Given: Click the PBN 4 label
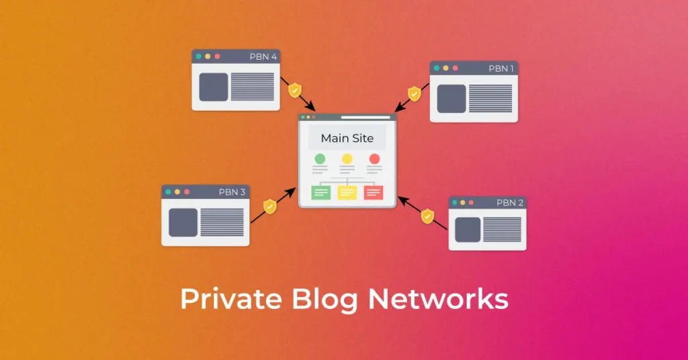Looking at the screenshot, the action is [x=263, y=56].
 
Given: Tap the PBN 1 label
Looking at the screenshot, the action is [x=501, y=69].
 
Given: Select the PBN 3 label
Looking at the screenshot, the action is [x=232, y=192].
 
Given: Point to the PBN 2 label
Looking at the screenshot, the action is [x=510, y=203].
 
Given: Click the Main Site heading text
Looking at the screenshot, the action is [x=347, y=138].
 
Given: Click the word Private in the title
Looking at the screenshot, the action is [x=231, y=300].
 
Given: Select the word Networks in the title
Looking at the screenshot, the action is [x=438, y=300].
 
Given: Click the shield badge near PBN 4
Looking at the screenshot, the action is [x=295, y=90].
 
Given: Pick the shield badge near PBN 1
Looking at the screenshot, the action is [x=414, y=93].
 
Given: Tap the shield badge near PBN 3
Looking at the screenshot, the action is [x=270, y=206].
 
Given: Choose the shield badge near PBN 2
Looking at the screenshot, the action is [x=427, y=216].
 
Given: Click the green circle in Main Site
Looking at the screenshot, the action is [x=320, y=159].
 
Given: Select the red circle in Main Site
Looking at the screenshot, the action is [x=374, y=159].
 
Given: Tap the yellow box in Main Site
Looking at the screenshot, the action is [x=347, y=193].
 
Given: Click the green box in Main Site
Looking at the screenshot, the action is [x=320, y=193].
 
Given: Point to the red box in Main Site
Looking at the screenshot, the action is [x=374, y=193].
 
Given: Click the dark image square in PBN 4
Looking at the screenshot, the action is [x=214, y=87].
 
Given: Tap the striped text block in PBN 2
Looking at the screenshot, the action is [x=502, y=229].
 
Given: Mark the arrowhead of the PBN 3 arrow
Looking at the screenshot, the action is [x=291, y=192].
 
